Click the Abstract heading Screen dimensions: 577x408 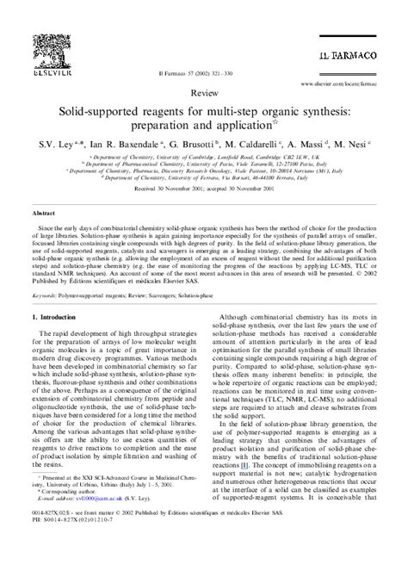coord(45,209)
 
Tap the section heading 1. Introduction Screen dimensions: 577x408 coord(58,318)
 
